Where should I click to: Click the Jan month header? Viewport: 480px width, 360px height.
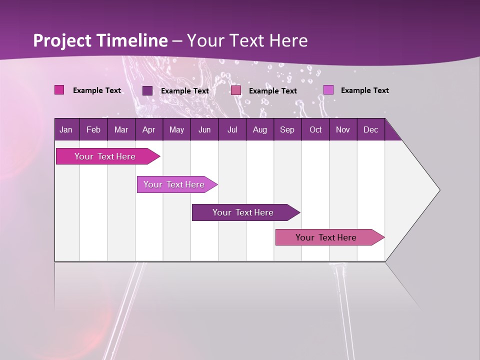pos(66,129)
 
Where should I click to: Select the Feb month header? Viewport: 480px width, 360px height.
pos(93,129)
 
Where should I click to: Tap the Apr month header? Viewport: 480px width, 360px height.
pos(148,129)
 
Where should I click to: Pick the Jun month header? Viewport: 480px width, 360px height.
pos(204,129)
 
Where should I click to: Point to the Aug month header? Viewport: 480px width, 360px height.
pos(259,129)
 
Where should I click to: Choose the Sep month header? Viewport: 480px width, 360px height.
pos(287,129)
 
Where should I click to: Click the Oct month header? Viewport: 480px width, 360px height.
pos(315,129)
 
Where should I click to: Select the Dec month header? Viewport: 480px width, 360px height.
pos(370,129)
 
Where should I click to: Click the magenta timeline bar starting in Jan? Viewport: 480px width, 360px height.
pos(105,156)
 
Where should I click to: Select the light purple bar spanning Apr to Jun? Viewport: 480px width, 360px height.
pos(174,184)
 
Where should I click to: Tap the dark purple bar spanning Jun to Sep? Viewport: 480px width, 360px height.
pos(243,212)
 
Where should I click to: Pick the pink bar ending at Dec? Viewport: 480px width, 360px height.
pos(326,237)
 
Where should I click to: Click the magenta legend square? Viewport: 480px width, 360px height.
pos(59,90)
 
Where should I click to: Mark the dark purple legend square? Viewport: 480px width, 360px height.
pos(147,90)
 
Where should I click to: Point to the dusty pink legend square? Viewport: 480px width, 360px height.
pos(236,90)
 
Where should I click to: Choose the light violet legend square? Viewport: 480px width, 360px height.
pos(328,90)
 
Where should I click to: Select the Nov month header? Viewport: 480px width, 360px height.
pos(342,129)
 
